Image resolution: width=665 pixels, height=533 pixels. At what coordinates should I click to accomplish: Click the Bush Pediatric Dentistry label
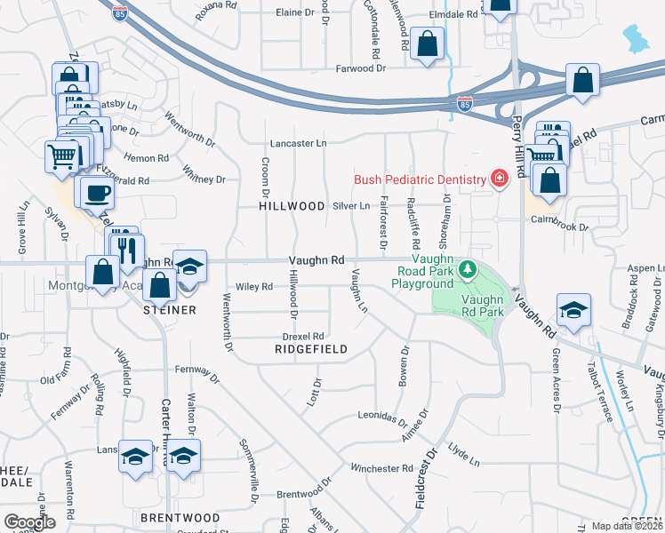[x=421, y=179]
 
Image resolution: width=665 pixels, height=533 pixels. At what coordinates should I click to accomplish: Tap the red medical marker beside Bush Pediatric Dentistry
[x=500, y=179]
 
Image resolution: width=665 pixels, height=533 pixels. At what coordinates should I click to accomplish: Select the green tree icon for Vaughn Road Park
[x=467, y=268]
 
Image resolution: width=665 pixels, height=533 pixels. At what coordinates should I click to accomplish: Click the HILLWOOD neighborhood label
[x=292, y=206]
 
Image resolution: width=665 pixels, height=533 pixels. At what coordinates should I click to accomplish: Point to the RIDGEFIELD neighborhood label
[x=308, y=350]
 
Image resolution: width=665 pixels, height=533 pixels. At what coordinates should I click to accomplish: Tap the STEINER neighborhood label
[x=169, y=310]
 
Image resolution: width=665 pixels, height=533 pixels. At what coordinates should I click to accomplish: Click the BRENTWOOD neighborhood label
[x=180, y=517]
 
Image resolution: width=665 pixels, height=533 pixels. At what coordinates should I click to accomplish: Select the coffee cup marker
[x=97, y=192]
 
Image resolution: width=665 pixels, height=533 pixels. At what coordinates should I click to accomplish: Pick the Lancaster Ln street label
[x=299, y=143]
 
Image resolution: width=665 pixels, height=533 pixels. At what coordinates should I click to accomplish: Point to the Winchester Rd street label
[x=382, y=468]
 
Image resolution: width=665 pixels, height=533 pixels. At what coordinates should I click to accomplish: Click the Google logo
[x=29, y=522]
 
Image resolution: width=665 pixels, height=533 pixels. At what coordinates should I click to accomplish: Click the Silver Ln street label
[x=351, y=205]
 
